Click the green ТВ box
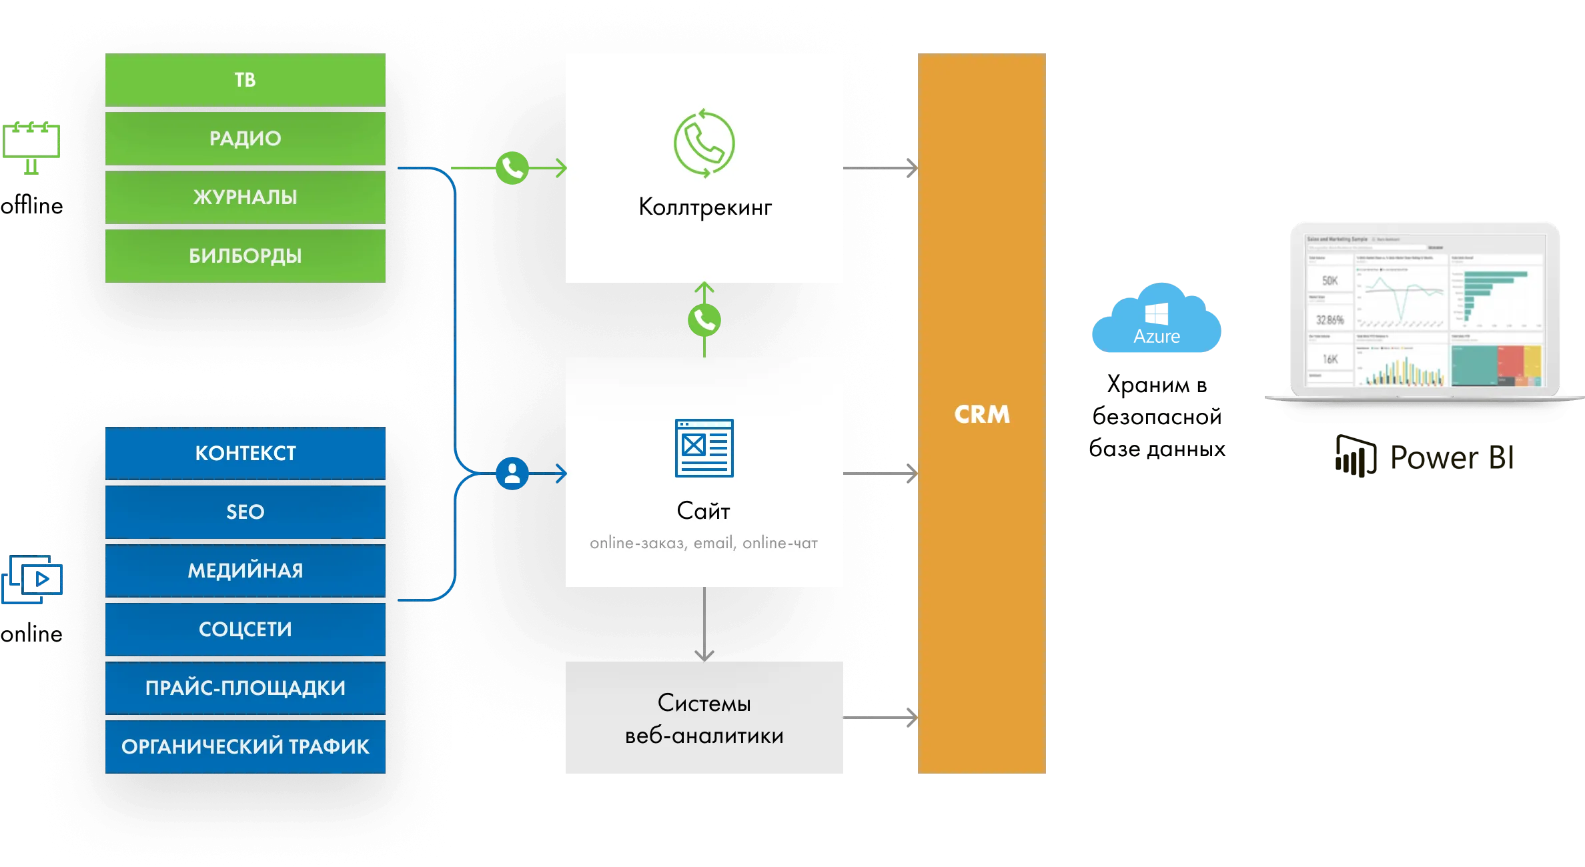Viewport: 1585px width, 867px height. point(245,80)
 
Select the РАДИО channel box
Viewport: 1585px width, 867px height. point(245,139)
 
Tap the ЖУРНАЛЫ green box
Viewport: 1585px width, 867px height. point(245,197)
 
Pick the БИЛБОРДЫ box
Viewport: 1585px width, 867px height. point(245,256)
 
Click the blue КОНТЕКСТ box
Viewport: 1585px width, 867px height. point(245,454)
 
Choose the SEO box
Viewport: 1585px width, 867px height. point(245,512)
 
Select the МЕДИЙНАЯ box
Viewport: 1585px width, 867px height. point(245,571)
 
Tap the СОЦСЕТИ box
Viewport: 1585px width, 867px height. point(245,630)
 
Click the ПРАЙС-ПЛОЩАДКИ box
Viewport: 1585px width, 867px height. point(245,688)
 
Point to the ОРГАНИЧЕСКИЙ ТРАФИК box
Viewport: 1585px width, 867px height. point(245,747)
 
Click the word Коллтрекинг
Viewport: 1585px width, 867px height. point(704,207)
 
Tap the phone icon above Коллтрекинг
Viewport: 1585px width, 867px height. point(704,144)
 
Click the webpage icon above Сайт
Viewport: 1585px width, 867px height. point(704,448)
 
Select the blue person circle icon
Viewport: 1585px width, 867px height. point(512,474)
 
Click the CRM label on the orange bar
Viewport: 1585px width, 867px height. point(981,415)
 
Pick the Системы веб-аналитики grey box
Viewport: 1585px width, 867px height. point(704,718)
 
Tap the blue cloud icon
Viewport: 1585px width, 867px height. point(1155,319)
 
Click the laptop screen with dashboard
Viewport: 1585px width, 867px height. point(1425,310)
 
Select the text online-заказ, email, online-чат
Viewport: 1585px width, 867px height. point(704,544)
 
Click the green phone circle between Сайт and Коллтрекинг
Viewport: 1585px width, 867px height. point(704,321)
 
